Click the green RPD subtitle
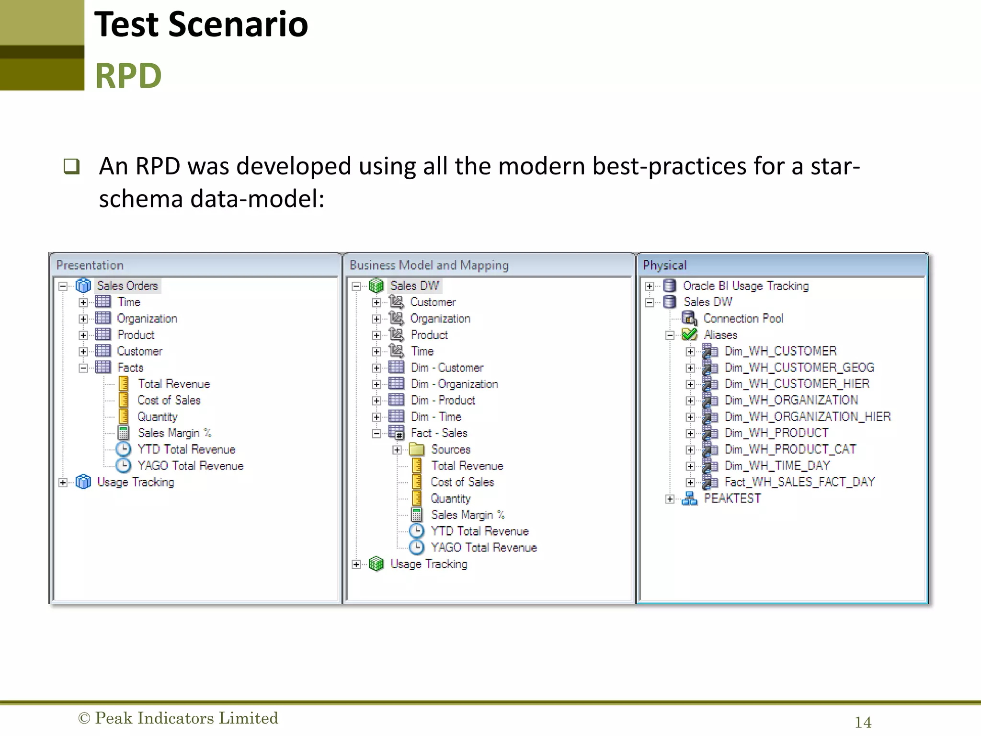(x=128, y=76)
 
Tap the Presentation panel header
(x=90, y=265)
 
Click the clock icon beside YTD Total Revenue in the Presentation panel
(x=124, y=449)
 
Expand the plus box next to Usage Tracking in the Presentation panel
(x=63, y=483)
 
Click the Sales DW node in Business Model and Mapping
(x=414, y=286)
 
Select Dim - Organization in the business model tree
(x=454, y=384)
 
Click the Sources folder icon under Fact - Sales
(x=417, y=449)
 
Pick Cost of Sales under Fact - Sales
(x=462, y=482)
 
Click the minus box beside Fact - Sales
(x=376, y=433)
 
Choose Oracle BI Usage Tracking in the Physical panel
(x=745, y=286)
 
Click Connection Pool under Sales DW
(x=743, y=319)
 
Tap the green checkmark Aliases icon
(x=689, y=334)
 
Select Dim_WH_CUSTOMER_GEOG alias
(x=799, y=368)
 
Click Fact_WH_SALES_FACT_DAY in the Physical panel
(x=799, y=482)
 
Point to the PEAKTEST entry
(x=732, y=498)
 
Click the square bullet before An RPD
(x=71, y=166)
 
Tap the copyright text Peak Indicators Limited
(x=178, y=718)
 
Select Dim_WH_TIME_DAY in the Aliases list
(x=777, y=466)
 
